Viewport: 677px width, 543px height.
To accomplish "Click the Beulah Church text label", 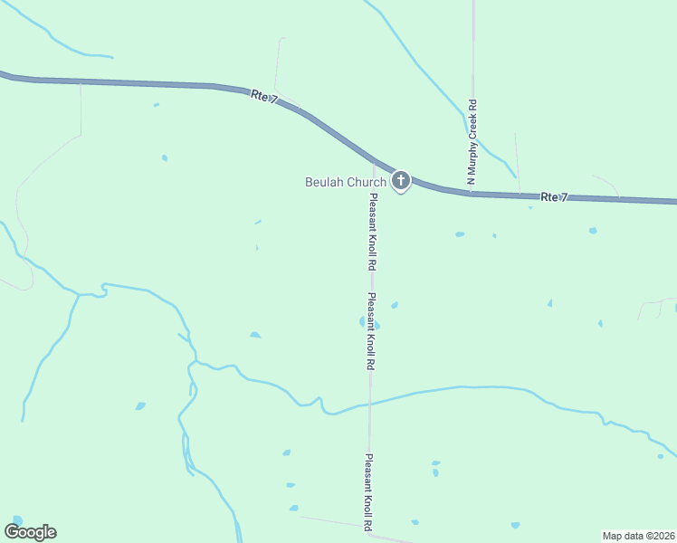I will [346, 182].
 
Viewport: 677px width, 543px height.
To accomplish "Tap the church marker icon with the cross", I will [400, 181].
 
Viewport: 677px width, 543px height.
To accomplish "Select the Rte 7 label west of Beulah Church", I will [264, 98].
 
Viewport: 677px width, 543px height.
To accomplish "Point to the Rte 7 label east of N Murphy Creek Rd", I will [554, 197].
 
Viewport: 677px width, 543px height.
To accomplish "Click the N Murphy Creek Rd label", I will [472, 143].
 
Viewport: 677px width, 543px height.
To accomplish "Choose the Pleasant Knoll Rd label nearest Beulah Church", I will [371, 233].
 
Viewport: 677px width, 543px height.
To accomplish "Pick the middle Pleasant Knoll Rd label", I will [370, 330].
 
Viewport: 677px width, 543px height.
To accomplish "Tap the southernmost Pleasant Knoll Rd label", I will [368, 491].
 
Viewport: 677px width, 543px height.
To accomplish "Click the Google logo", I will [30, 532].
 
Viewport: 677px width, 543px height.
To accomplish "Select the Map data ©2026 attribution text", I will [639, 535].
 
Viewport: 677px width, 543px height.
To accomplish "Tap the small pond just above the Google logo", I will [14, 518].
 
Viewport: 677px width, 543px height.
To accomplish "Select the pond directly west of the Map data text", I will [515, 525].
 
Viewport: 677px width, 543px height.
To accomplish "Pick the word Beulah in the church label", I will [323, 182].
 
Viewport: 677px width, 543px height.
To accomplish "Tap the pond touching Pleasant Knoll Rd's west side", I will [362, 321].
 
